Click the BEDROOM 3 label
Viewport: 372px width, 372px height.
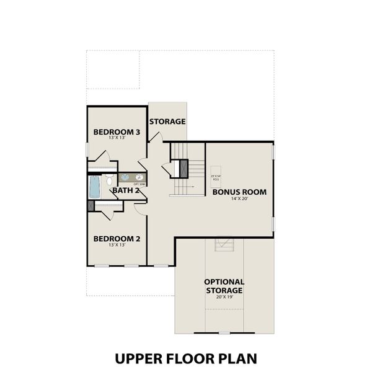coord(117,132)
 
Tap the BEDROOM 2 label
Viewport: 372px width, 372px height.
coord(117,239)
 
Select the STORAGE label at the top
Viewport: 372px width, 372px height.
coord(167,121)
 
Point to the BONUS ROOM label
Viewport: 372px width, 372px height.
coord(239,192)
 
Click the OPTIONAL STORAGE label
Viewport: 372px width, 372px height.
coord(224,286)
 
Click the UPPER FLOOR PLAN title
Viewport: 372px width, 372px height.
coord(185,358)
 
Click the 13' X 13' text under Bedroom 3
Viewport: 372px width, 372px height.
coord(117,139)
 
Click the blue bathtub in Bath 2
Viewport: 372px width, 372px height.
coord(94,185)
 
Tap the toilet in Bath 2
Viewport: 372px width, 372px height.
coord(108,181)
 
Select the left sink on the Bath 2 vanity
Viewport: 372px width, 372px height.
coord(125,177)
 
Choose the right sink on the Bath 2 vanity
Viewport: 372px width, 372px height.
coord(139,177)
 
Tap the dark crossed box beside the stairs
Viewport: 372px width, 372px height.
coord(183,167)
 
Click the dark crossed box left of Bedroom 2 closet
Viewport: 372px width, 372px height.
coord(91,206)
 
